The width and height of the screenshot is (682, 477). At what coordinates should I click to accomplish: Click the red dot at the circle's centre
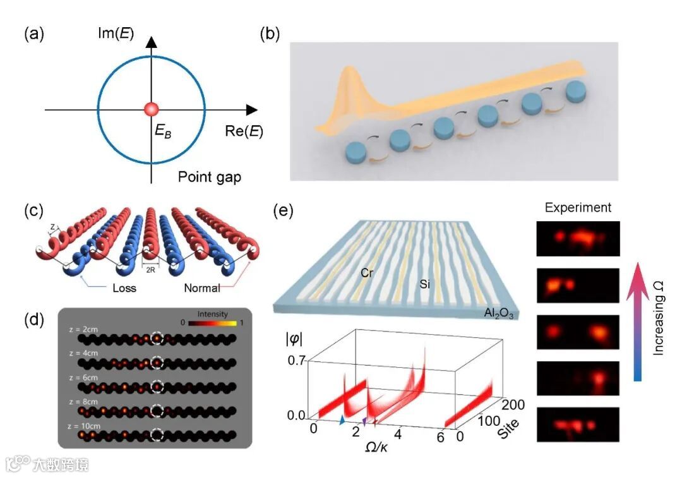[151, 109]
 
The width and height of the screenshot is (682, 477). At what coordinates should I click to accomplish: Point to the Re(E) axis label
[244, 131]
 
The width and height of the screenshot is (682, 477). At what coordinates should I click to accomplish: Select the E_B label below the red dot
[164, 131]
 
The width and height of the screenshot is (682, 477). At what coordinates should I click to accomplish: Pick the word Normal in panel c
[203, 289]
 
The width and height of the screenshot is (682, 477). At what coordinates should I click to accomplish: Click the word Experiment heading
[577, 207]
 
